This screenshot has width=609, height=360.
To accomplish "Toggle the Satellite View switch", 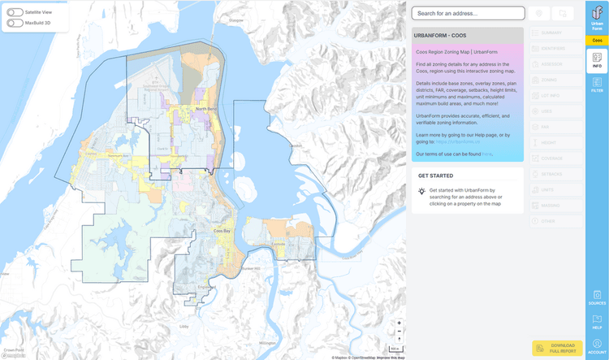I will point(15,13).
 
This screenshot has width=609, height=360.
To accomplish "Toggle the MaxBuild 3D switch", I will point(15,23).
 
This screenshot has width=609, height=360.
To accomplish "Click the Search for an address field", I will point(467,13).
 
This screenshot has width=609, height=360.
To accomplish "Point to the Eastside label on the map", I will point(278,244).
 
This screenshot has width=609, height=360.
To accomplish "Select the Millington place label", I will point(267,344).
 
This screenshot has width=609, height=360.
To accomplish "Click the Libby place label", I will point(184,326).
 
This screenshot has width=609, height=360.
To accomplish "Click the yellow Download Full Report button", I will point(557,348).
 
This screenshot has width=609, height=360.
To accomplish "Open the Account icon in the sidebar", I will point(597,347).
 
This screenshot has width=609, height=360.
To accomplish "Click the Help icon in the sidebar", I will point(597,321).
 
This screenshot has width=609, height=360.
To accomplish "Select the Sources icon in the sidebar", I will point(597,297).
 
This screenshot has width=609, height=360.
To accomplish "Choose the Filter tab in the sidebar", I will point(597,84).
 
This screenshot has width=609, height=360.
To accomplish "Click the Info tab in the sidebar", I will point(597,60).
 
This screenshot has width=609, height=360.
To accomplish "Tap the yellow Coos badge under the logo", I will point(597,40).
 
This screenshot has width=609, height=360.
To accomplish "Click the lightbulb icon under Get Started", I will point(421,192).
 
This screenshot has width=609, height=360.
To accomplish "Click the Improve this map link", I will point(391,357).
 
